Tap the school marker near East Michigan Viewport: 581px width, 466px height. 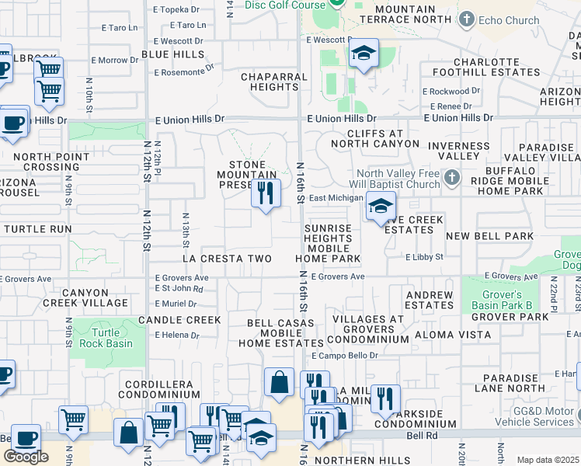(380, 207)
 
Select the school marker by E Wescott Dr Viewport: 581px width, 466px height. (363, 54)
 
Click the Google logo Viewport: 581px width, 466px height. (26, 457)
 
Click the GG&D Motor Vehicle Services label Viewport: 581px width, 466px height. (532, 416)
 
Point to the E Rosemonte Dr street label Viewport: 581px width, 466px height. (184, 72)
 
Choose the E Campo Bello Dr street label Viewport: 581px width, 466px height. (344, 356)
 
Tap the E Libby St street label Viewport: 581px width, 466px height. (423, 257)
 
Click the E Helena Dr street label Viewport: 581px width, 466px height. (177, 336)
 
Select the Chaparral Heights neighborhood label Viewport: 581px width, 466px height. (270, 82)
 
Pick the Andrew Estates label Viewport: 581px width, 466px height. (430, 300)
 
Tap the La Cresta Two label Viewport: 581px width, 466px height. (227, 258)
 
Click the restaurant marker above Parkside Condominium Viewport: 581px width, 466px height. (384, 398)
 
